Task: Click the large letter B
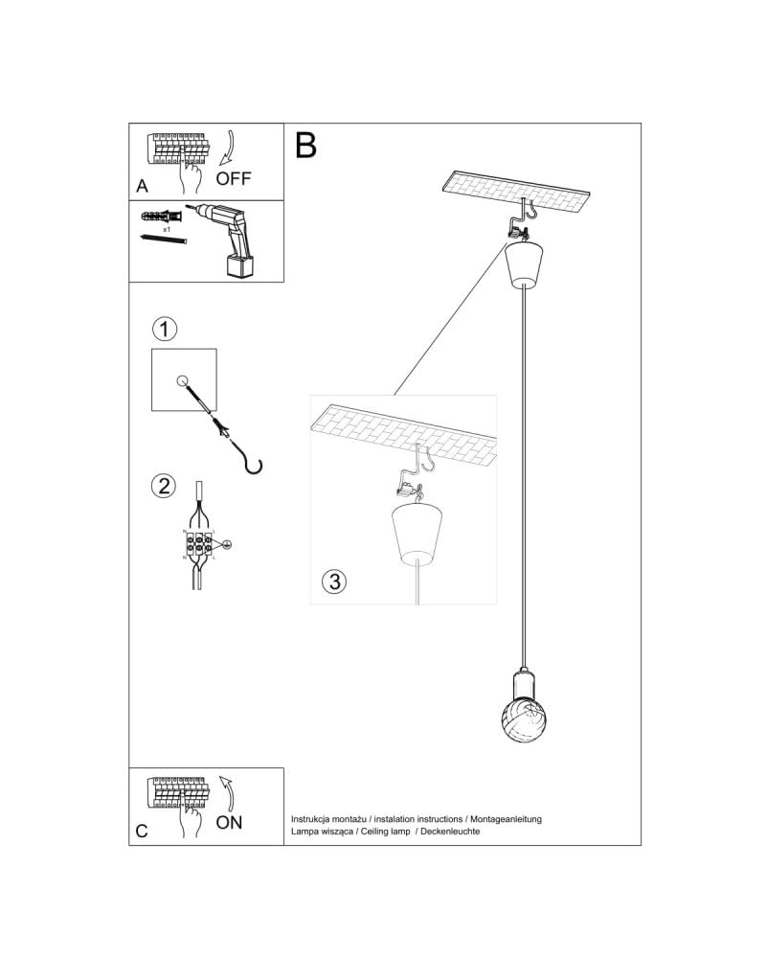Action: click(x=305, y=146)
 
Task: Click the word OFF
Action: click(x=234, y=178)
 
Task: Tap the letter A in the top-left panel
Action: click(x=142, y=186)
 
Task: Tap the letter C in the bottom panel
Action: click(x=142, y=831)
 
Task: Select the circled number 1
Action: click(x=166, y=331)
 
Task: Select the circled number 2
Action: click(x=165, y=486)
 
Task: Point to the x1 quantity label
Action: click(x=167, y=230)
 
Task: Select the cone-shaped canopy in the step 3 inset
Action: click(x=416, y=533)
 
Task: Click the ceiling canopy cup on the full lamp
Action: click(x=525, y=265)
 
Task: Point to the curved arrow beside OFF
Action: click(x=227, y=148)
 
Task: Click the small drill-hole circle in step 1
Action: click(x=183, y=380)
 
